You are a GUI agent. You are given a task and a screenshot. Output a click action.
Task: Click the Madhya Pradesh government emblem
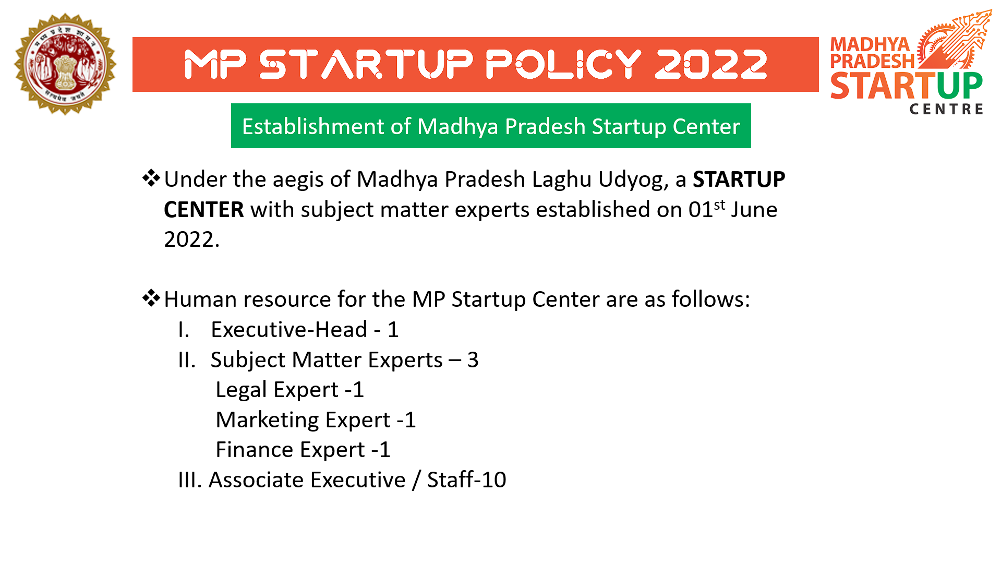65,64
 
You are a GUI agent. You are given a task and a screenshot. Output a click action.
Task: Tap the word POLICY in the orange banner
563,65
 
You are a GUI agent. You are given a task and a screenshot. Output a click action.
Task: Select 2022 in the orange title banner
711,65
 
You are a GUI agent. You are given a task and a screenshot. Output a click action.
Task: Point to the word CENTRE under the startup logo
947,109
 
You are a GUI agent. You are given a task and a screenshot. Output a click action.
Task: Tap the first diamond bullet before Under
151,178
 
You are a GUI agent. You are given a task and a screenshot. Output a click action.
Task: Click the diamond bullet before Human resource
151,298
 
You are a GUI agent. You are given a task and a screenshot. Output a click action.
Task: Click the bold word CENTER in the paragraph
204,210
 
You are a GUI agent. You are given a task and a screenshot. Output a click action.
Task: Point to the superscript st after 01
720,205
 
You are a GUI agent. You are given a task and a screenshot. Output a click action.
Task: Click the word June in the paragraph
754,210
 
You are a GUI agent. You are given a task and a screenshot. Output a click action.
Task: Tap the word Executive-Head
290,330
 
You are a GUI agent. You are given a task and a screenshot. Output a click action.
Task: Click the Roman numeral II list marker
187,360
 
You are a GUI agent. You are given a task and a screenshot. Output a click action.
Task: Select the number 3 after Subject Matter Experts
473,360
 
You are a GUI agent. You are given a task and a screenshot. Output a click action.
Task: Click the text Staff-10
467,480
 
